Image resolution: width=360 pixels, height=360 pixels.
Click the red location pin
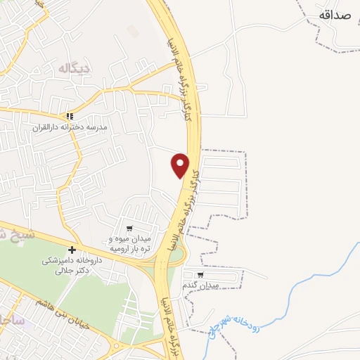pyautogui.click(x=181, y=165)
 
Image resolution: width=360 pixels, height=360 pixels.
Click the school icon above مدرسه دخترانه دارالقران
pyautogui.click(x=69, y=117)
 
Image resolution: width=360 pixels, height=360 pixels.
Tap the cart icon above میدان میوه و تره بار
pyautogui.click(x=129, y=229)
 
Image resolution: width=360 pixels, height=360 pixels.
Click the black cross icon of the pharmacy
pyautogui.click(x=72, y=250)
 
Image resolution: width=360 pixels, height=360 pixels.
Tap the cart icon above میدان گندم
pyautogui.click(x=200, y=275)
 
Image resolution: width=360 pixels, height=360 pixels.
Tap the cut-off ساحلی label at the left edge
pyautogui.click(x=12, y=321)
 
